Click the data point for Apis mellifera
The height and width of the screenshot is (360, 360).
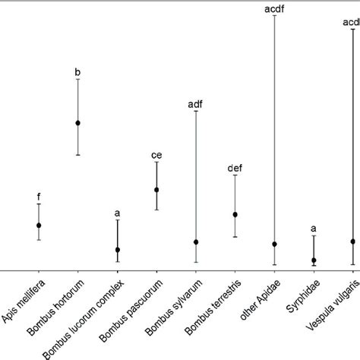pos(38,225)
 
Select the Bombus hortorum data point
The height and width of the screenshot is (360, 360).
pos(77,122)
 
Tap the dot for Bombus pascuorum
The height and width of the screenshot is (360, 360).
pos(156,189)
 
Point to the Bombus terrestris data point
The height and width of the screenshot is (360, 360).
pos(235,214)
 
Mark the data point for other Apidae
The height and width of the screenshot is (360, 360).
pos(274,244)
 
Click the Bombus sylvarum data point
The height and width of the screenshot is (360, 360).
pos(196,242)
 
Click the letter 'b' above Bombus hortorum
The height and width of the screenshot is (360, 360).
pos(77,72)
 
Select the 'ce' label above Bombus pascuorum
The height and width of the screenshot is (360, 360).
pos(156,155)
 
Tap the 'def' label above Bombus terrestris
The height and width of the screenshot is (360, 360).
pos(235,168)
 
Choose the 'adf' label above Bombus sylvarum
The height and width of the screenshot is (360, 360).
pos(196,105)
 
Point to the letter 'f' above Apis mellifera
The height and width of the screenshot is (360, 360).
pos(38,197)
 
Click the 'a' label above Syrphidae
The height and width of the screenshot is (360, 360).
pos(314,229)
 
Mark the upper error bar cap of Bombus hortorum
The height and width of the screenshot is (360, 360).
pos(77,79)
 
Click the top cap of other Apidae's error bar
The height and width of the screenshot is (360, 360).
pos(274,15)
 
